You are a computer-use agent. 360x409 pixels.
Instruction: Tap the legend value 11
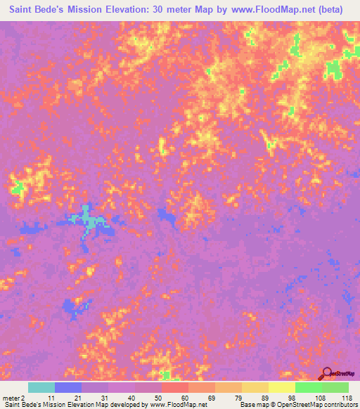pyautogui.click(x=50, y=398)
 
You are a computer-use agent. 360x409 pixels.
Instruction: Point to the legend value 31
pyautogui.click(x=103, y=398)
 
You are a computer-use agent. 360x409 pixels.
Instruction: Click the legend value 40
pyautogui.click(x=130, y=398)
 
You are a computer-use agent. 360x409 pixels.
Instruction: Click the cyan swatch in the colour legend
pyautogui.click(x=41, y=387)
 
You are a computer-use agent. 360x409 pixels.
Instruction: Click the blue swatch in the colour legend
pyautogui.click(x=68, y=387)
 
